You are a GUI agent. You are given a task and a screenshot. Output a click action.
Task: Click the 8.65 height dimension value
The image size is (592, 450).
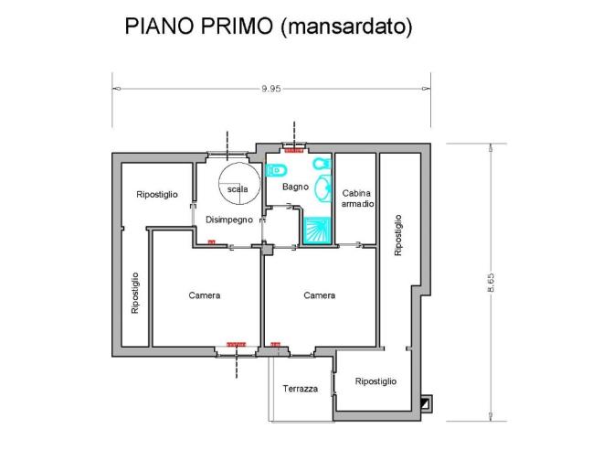coord(492,284)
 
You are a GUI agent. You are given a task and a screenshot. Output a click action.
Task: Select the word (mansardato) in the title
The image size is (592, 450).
coord(347,27)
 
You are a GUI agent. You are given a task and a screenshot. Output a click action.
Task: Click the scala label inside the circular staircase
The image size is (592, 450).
coord(238,188)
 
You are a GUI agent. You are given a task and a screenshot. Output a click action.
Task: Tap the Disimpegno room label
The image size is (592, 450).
coord(228,220)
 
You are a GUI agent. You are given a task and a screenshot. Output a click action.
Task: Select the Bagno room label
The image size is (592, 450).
coord(295,187)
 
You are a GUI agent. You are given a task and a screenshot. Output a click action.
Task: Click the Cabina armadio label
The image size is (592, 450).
coord(356,198)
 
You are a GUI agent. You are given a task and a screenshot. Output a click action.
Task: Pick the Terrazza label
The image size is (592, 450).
coord(300,389)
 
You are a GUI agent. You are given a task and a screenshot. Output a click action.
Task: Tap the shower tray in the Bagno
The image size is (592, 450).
coord(316,230)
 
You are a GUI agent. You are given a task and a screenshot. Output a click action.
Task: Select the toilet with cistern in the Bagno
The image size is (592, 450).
coord(277,169)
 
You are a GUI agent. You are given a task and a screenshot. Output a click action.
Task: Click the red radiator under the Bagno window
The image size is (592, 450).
coord(294,149)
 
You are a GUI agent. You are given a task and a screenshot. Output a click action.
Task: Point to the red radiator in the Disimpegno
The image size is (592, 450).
coord(212,241)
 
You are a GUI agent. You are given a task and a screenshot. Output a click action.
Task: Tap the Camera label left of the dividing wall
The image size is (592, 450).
coord(205,295)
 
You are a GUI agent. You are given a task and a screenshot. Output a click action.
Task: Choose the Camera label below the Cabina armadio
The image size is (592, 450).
coord(319,295)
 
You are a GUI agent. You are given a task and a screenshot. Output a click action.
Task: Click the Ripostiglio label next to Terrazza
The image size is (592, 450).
coord(375,381)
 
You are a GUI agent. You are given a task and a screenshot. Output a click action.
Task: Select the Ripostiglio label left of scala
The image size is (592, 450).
coord(156,195)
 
